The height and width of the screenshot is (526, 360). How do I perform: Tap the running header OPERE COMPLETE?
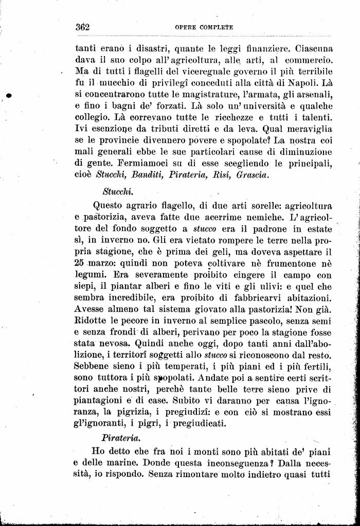point(204,27)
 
